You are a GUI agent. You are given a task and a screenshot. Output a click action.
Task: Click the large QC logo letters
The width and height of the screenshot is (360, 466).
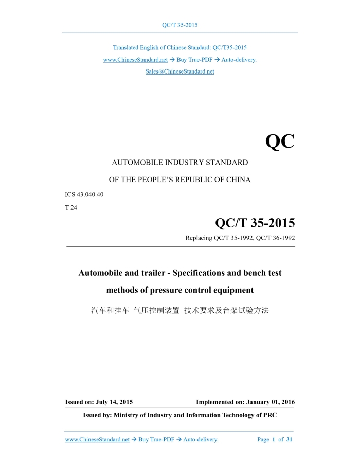pos(280,140)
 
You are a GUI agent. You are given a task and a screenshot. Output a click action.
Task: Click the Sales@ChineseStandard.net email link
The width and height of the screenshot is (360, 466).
pos(179,71)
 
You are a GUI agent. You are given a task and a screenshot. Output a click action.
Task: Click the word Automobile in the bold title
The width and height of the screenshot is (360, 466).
pos(102,273)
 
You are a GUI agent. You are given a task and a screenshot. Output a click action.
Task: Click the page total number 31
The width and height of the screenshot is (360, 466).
pos(289,440)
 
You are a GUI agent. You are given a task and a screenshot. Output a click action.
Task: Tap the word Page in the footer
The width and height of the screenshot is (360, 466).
pos(263,440)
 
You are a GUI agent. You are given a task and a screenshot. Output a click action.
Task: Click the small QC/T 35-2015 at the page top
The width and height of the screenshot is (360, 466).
pos(179,25)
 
